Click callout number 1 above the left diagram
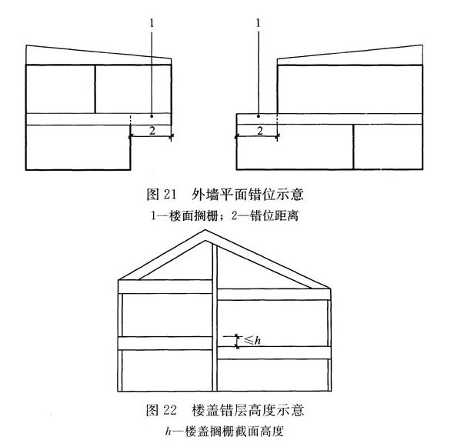coord(152,23)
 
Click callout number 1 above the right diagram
coord(259,23)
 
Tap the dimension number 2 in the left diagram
coord(152,131)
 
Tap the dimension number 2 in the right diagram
coord(260,131)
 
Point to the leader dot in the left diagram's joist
coord(152,116)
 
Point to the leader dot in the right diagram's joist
coord(259,116)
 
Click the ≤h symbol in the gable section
coord(252,340)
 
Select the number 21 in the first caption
coord(170,194)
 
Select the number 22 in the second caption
coord(170,410)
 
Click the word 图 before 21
coord(152,194)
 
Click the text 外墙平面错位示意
coord(248,194)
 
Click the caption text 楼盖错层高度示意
coord(248,410)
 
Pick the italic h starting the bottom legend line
coord(169,431)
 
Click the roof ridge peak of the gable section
coord(205,230)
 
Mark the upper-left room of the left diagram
coord(61,89)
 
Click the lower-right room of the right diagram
coord(388,147)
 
